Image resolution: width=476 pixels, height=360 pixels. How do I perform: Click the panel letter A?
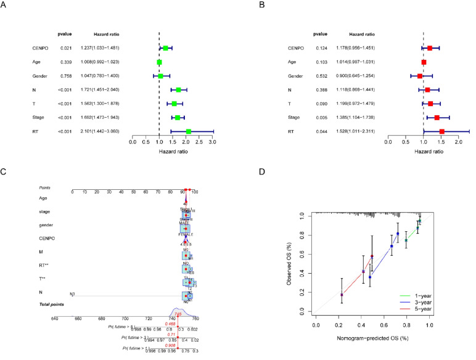[x=4, y=4]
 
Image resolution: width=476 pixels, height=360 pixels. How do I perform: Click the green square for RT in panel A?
[x=189, y=131]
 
